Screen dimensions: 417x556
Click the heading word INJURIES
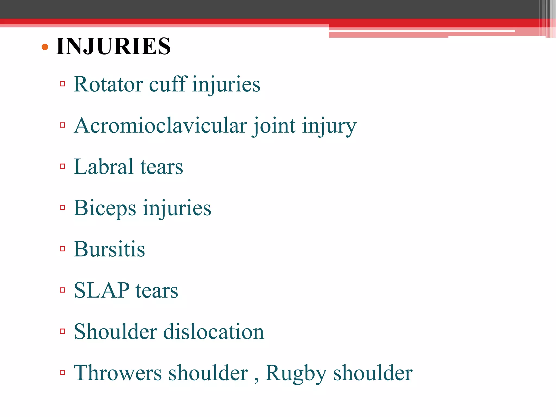click(113, 46)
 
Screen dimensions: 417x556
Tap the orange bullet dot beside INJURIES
click(45, 47)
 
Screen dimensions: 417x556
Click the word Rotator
click(108, 84)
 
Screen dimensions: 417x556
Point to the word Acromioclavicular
click(160, 126)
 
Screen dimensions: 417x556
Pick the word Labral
click(103, 167)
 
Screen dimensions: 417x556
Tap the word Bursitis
click(109, 249)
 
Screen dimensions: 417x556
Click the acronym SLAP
click(102, 290)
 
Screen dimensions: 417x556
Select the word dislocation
click(213, 332)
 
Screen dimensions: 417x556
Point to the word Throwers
click(118, 373)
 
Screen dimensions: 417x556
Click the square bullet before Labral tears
click(62, 166)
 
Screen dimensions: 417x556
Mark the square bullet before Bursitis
click(62, 249)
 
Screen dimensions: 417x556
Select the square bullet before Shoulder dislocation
click(62, 331)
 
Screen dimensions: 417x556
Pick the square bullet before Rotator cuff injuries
click(62, 84)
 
